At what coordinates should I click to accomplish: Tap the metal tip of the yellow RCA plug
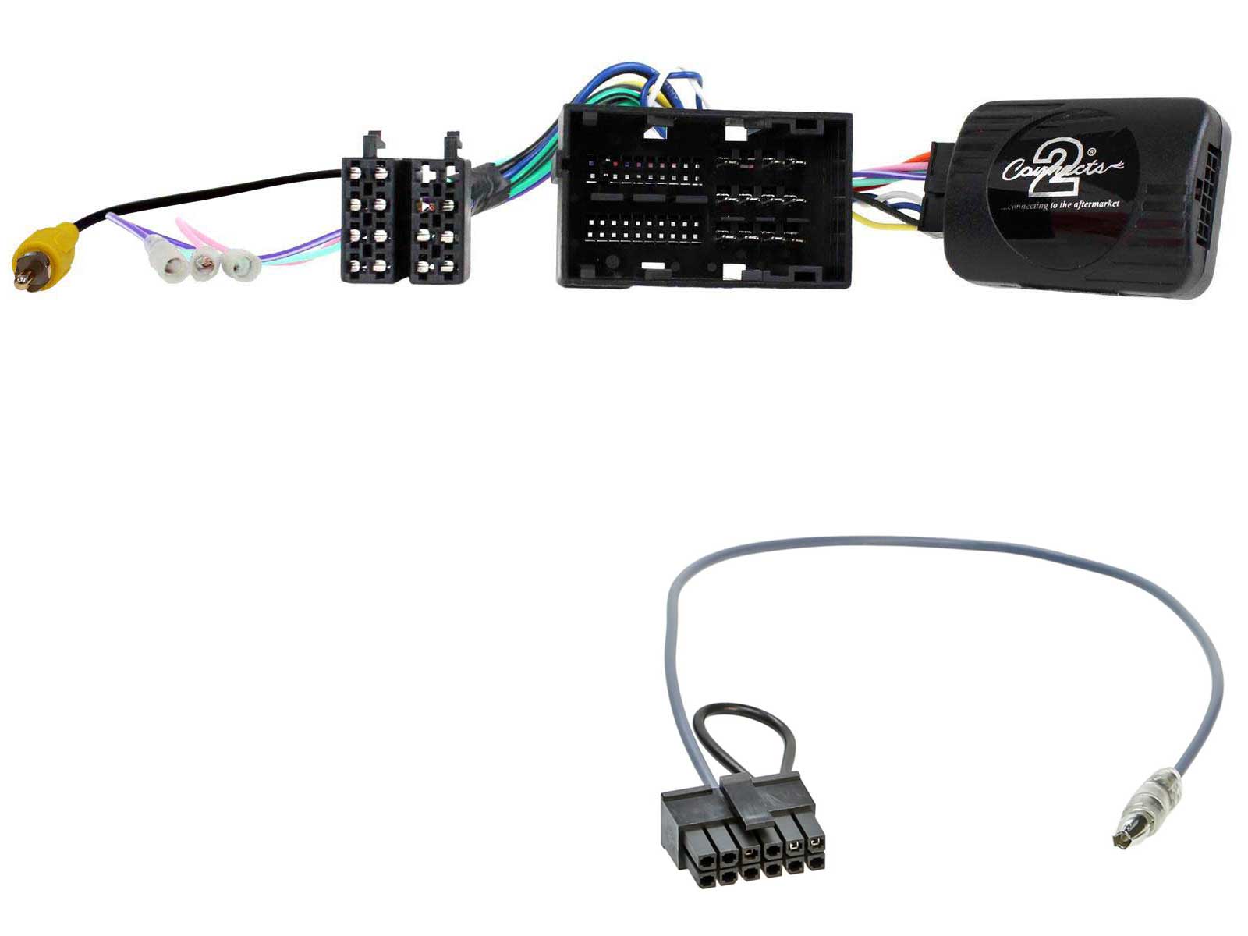(x=23, y=277)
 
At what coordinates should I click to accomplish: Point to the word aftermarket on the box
(x=1091, y=204)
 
